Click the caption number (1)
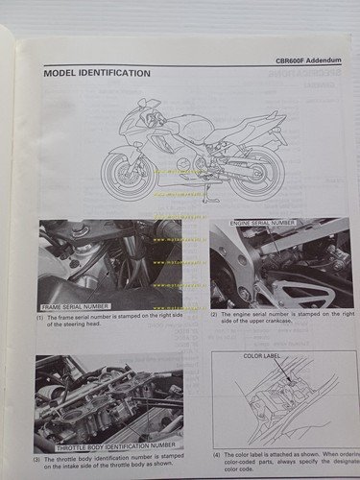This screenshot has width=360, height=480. pos(40,317)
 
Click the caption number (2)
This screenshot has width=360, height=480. pos(215,315)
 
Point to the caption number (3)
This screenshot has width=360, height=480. pos(40,457)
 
